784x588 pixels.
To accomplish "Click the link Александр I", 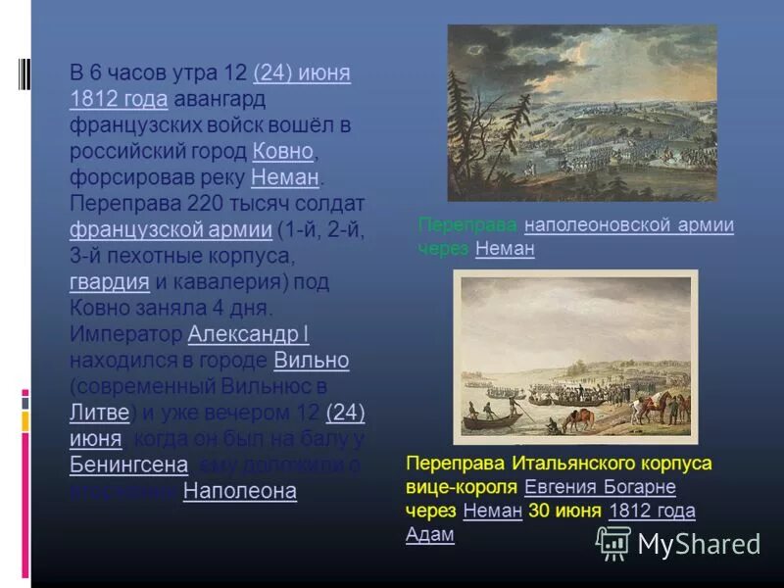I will pyautogui.click(x=248, y=334).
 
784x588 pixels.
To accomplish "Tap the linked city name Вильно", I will pyautogui.click(x=312, y=360).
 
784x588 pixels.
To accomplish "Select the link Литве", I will pyautogui.click(x=99, y=412).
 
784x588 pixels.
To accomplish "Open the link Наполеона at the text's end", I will pyautogui.click(x=239, y=491).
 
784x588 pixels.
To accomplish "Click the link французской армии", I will pyautogui.click(x=171, y=229).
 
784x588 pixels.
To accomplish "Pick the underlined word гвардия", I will pyautogui.click(x=110, y=282).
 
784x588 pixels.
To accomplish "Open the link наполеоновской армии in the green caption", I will pyautogui.click(x=628, y=225).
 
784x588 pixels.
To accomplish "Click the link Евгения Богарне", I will pyautogui.click(x=600, y=487).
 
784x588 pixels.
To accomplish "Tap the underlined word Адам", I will pyautogui.click(x=430, y=534).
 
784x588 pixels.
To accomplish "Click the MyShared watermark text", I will pyautogui.click(x=699, y=544).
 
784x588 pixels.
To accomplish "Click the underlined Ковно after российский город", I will pyautogui.click(x=282, y=151).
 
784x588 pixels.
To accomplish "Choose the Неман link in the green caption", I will pyautogui.click(x=505, y=249).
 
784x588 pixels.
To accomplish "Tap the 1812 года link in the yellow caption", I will pyautogui.click(x=652, y=511).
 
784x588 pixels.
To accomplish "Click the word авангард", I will pyautogui.click(x=221, y=99).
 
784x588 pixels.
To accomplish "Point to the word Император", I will pyautogui.click(x=125, y=334).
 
